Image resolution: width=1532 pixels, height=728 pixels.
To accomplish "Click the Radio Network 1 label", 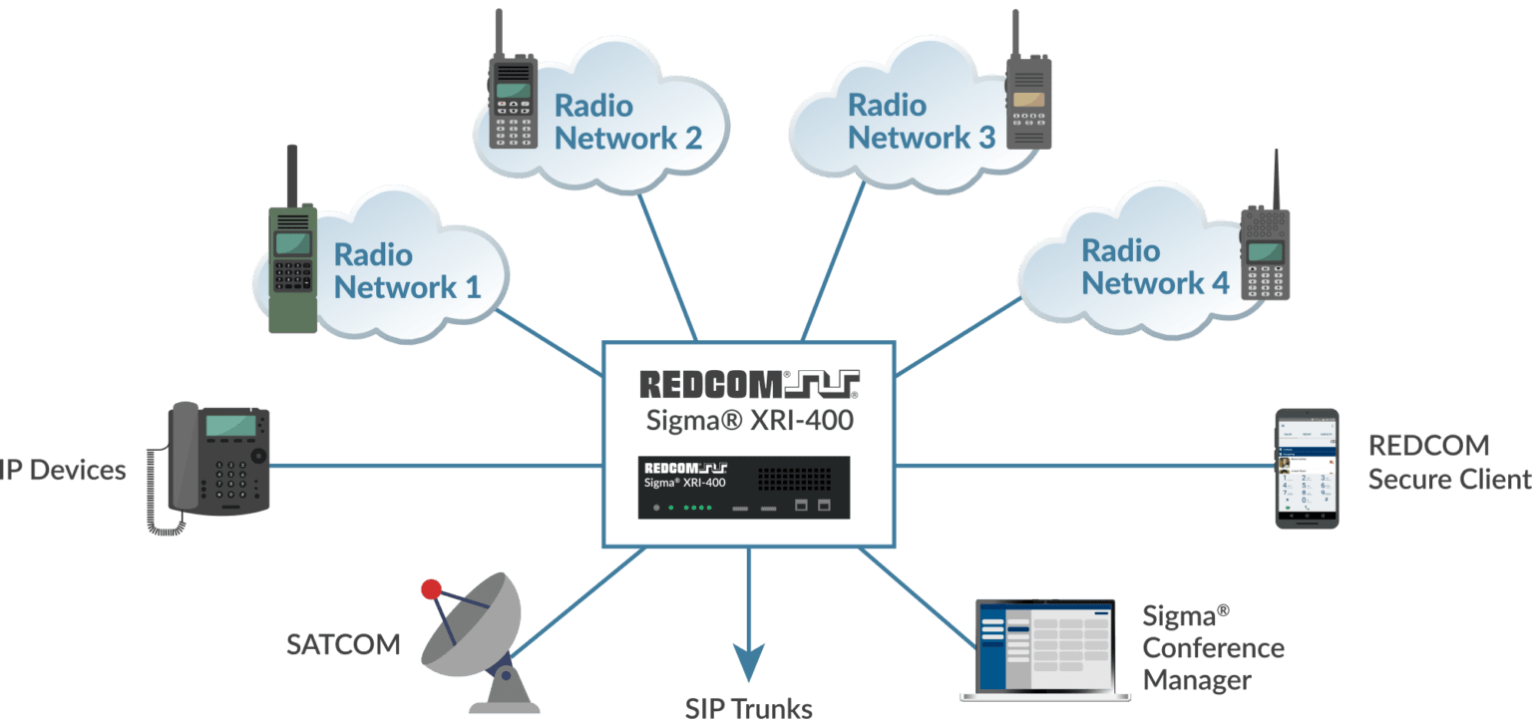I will click(x=407, y=271).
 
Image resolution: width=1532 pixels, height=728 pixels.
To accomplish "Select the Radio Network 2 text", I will click(x=627, y=122).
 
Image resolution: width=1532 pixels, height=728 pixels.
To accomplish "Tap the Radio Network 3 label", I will click(x=921, y=122).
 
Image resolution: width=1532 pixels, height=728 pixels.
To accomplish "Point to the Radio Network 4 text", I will click(x=1154, y=267).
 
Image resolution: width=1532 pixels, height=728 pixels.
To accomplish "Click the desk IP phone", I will click(x=214, y=464).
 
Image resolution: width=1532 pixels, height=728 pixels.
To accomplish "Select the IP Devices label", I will click(x=62, y=470).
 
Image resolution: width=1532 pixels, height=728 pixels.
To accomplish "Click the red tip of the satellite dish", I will click(x=431, y=589).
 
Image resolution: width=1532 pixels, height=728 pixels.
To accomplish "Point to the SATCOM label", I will click(x=343, y=645).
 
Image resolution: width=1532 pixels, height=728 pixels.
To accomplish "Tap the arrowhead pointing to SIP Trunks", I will click(x=748, y=663).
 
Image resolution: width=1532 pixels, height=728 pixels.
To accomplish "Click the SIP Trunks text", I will click(x=748, y=709).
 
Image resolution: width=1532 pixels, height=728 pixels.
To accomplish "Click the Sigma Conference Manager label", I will click(x=1212, y=648).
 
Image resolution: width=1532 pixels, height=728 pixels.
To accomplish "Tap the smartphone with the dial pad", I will click(x=1307, y=468).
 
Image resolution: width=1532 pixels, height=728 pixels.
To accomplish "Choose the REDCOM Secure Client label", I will click(x=1446, y=462).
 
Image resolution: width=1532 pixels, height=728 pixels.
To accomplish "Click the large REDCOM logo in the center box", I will click(x=748, y=384).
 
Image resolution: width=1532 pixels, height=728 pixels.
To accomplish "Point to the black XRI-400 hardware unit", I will click(x=744, y=488).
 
